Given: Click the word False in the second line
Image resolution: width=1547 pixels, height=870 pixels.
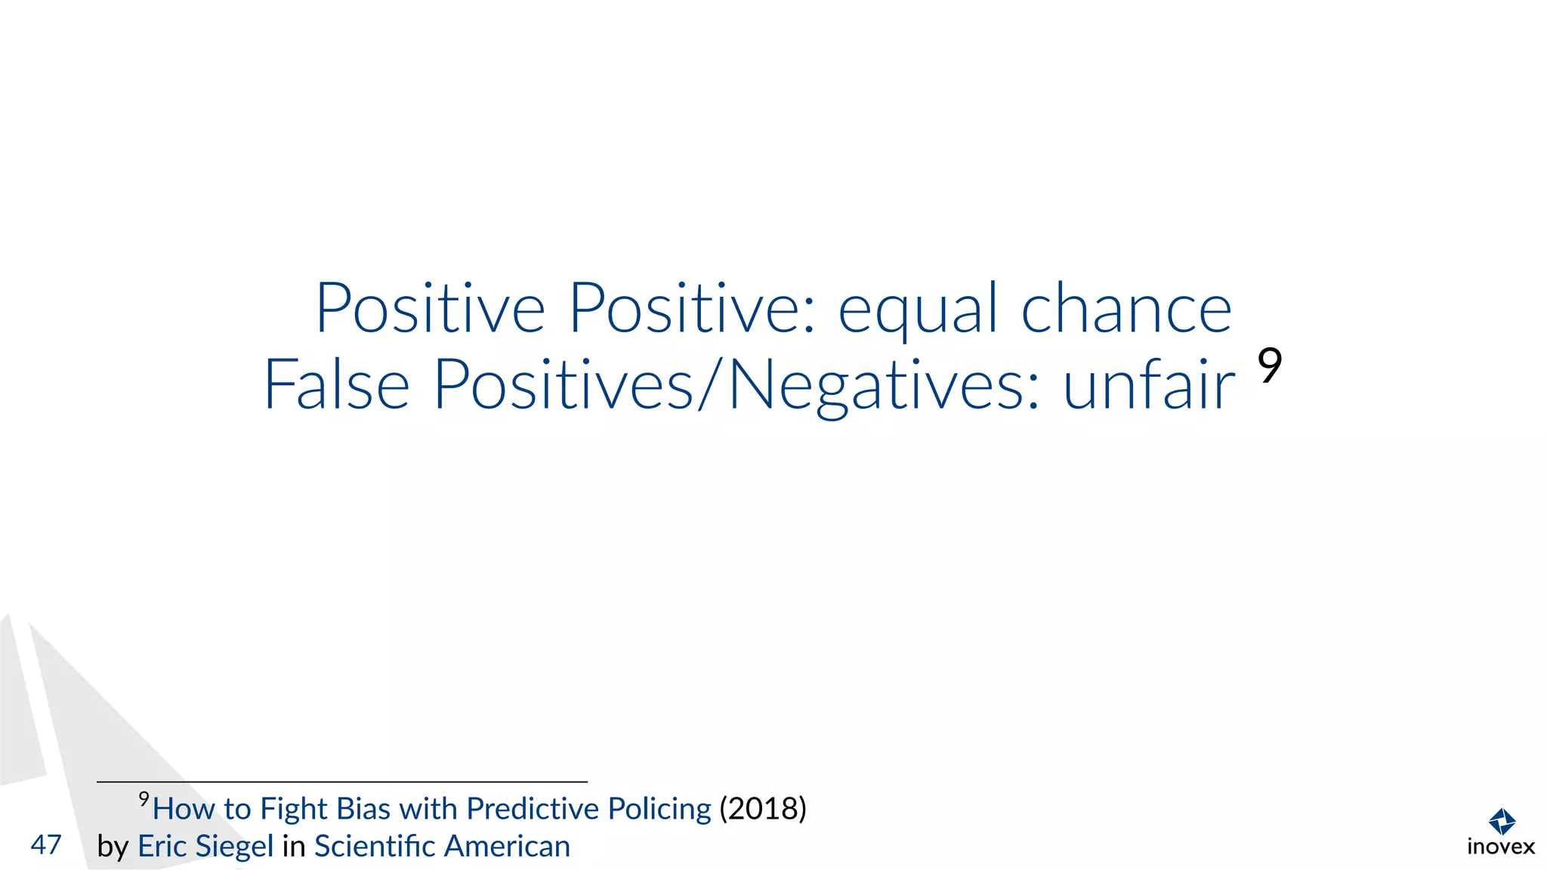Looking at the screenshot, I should coord(336,384).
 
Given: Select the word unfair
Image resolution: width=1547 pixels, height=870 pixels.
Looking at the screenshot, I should coord(1148,384).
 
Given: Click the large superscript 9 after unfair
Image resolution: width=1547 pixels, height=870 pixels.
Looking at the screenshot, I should coord(1270,366).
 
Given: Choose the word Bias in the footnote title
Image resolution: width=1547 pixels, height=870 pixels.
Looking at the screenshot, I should coord(363,809).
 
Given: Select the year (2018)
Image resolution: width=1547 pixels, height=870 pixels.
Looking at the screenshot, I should coord(762,809).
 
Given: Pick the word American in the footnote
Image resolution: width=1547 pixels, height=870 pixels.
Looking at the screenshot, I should coord(506,847).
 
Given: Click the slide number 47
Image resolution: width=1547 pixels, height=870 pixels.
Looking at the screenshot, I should coord(46,844).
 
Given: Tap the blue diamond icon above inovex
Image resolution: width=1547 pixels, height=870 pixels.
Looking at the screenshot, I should coord(1502,821).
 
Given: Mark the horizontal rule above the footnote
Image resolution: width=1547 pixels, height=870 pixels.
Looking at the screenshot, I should coord(341,782).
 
